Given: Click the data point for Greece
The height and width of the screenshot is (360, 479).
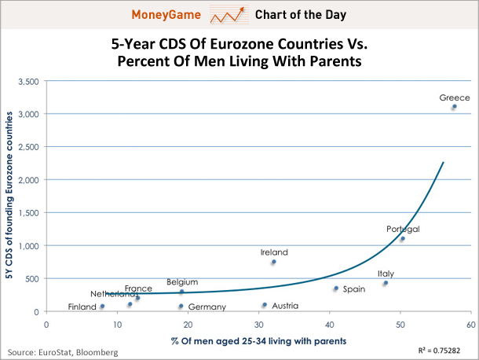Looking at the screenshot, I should [454, 107].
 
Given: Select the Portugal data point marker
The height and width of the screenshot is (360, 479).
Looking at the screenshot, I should [402, 238].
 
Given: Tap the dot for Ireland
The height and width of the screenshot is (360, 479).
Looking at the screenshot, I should [273, 262].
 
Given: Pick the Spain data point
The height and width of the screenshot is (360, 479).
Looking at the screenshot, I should [335, 288].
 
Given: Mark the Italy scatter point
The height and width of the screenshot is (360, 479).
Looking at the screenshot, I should [386, 283].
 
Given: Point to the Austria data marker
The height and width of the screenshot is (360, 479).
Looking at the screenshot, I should [265, 305].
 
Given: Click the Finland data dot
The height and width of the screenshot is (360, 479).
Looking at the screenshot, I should [102, 306].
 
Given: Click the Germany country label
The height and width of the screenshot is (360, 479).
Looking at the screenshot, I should [207, 307].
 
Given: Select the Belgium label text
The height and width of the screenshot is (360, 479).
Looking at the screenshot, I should [182, 281].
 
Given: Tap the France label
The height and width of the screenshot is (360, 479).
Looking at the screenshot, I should [138, 288].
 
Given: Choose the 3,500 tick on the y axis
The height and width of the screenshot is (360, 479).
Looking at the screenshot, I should [28, 81].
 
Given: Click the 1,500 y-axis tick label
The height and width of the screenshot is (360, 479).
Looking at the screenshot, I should [28, 213].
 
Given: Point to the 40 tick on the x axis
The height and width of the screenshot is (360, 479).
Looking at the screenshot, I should [329, 324].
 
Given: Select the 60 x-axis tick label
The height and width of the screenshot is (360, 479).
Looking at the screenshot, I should [470, 324].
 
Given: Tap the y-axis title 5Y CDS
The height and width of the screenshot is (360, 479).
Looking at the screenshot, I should [10, 195].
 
